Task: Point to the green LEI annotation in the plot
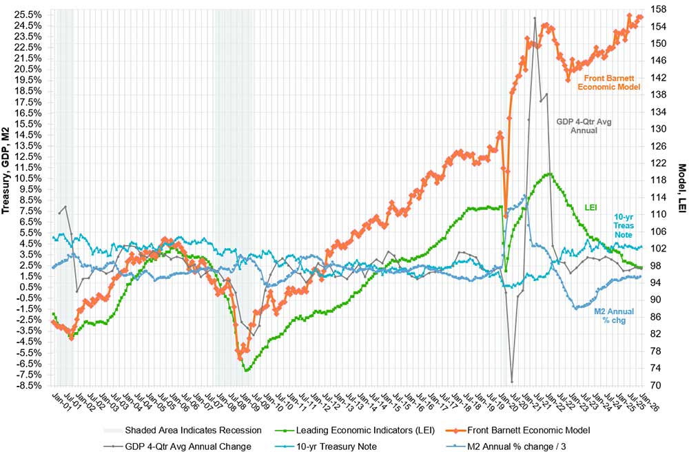click(590, 207)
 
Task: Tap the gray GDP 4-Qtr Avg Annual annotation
click(584, 125)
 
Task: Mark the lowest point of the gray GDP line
click(512, 381)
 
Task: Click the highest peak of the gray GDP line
click(535, 19)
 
